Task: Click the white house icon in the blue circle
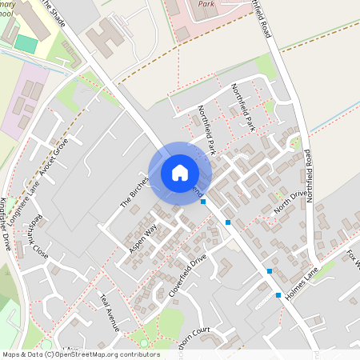tap(179, 172)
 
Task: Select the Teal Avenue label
tap(109, 311)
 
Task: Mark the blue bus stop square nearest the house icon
tap(203, 202)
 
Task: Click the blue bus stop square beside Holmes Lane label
tap(278, 296)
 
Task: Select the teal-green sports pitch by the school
tap(26, 43)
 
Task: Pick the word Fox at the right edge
tap(351, 258)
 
